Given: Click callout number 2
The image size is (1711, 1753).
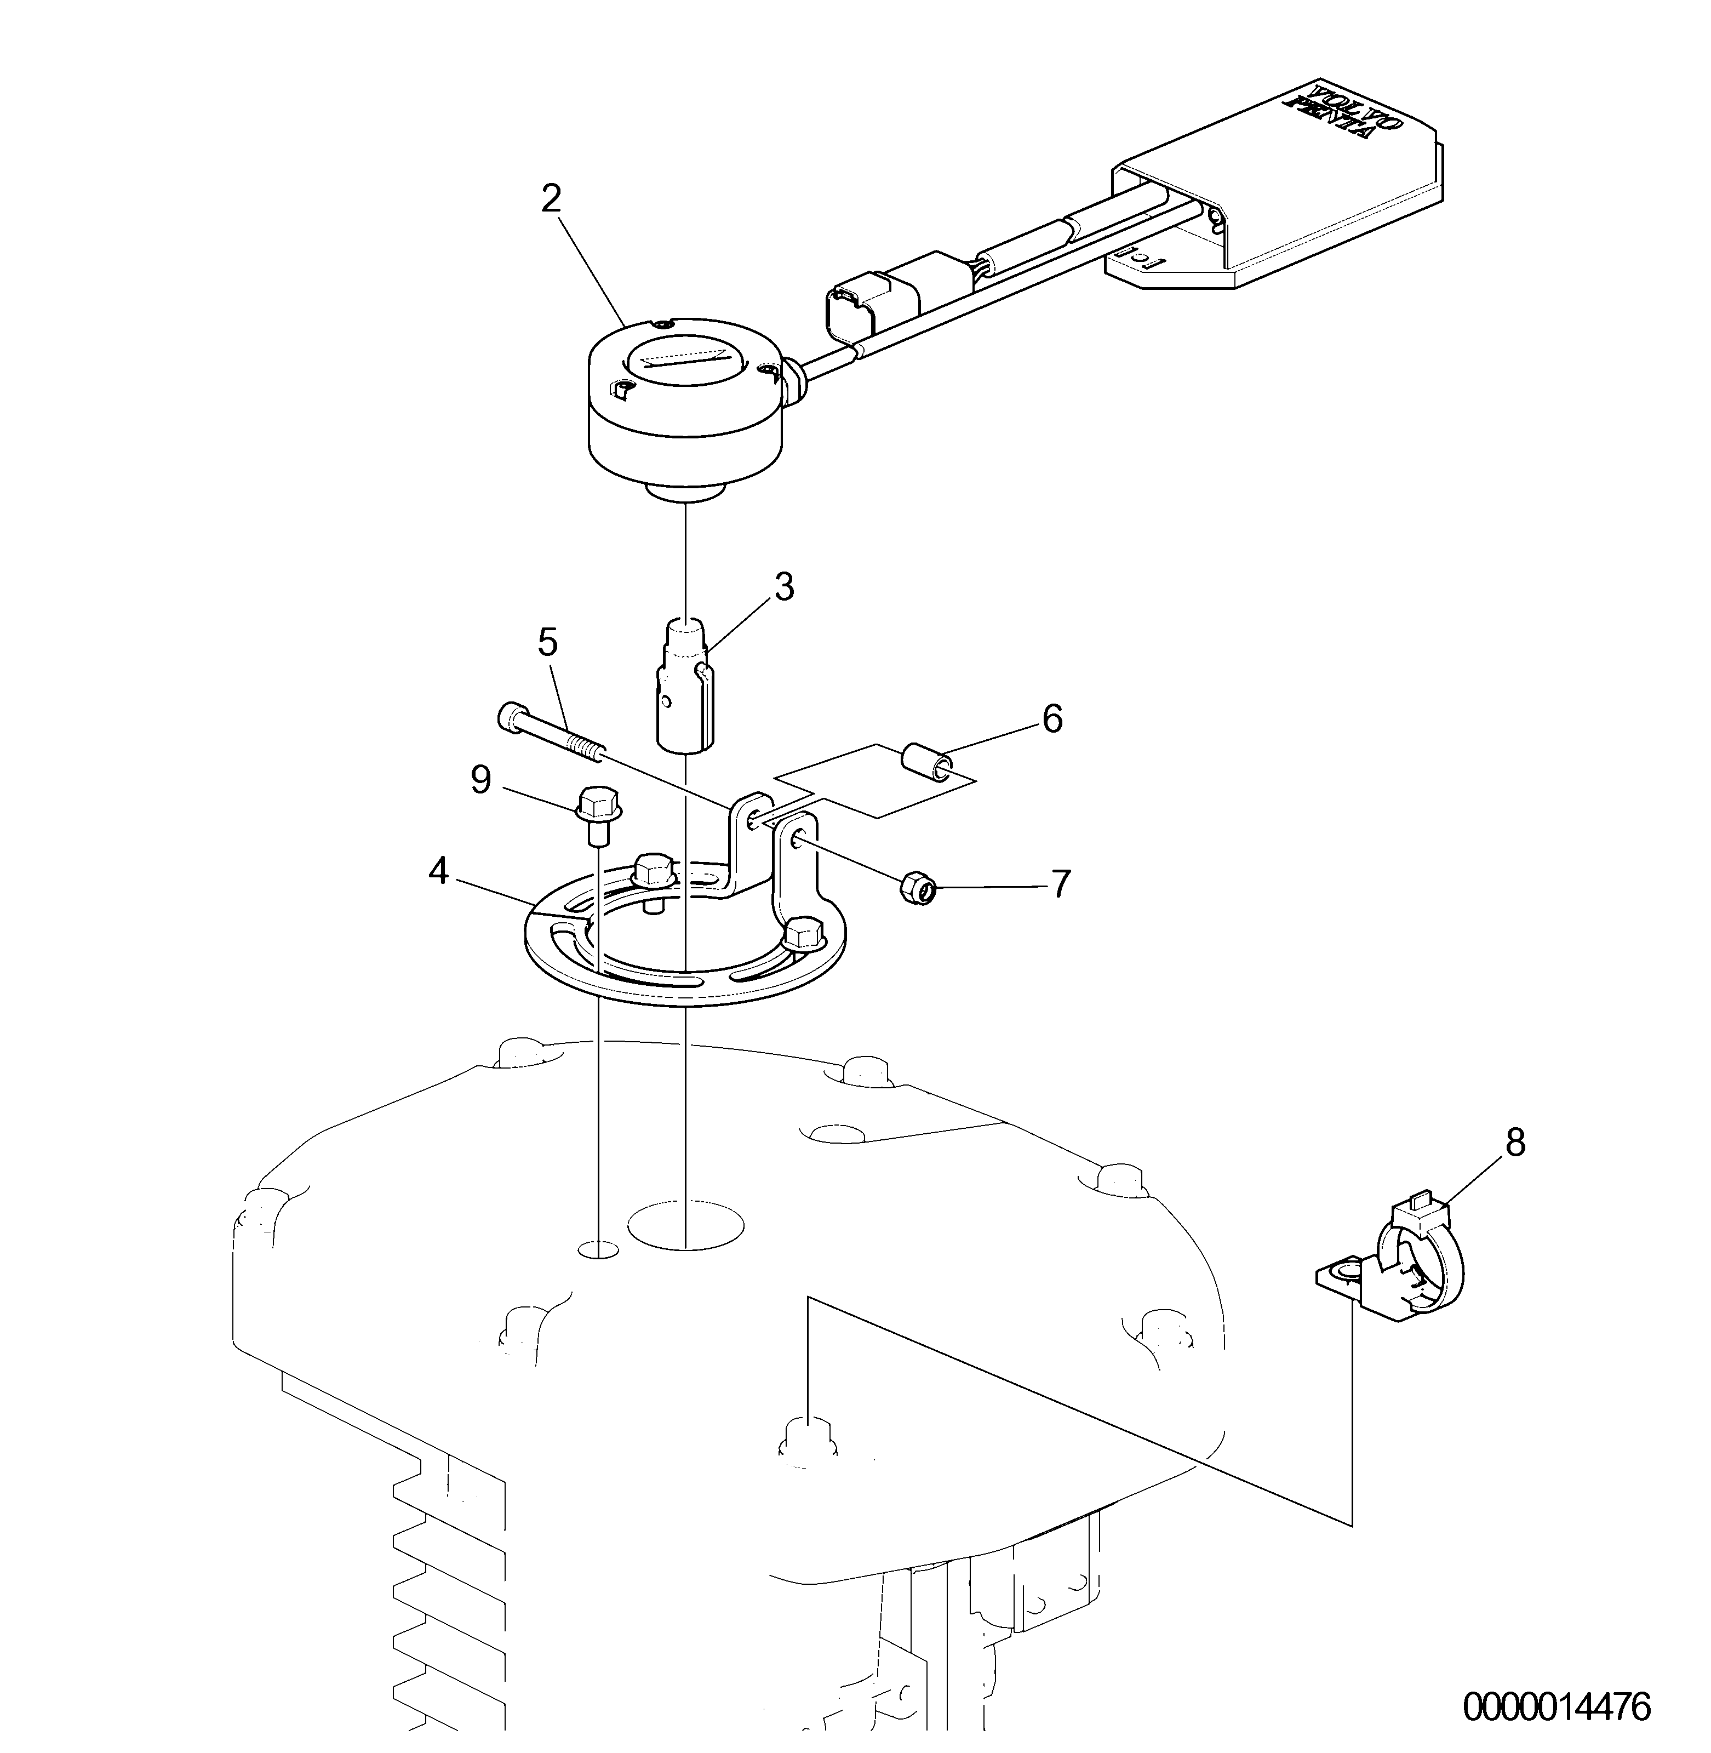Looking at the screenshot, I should tap(551, 199).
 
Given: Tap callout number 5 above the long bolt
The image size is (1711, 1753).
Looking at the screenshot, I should tap(547, 644).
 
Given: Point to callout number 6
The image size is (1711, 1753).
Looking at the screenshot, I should tap(1051, 719).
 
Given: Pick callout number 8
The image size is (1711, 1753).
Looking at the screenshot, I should tap(1515, 1144).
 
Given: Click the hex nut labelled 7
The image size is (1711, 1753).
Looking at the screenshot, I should tap(917, 891).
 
